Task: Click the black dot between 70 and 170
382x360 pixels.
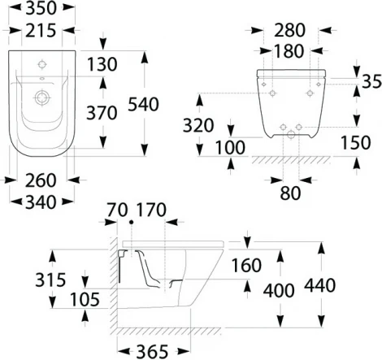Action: pos(130,221)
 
